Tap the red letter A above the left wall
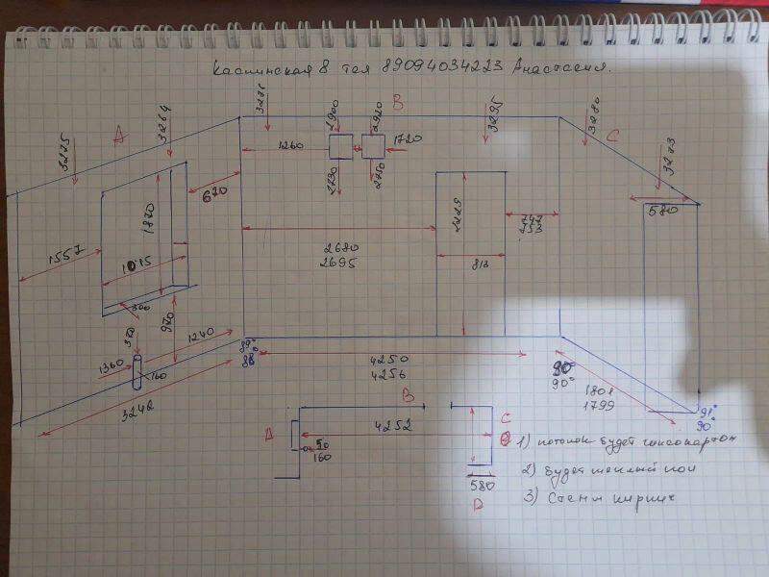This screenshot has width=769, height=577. pyautogui.click(x=119, y=138)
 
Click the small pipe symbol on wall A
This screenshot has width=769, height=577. pyautogui.click(x=136, y=370)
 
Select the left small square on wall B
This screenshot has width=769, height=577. pyautogui.click(x=341, y=146)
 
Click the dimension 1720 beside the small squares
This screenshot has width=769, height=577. pyautogui.click(x=408, y=140)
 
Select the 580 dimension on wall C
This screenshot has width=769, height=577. pyautogui.click(x=664, y=210)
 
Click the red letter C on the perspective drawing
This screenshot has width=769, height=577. pyautogui.click(x=610, y=136)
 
